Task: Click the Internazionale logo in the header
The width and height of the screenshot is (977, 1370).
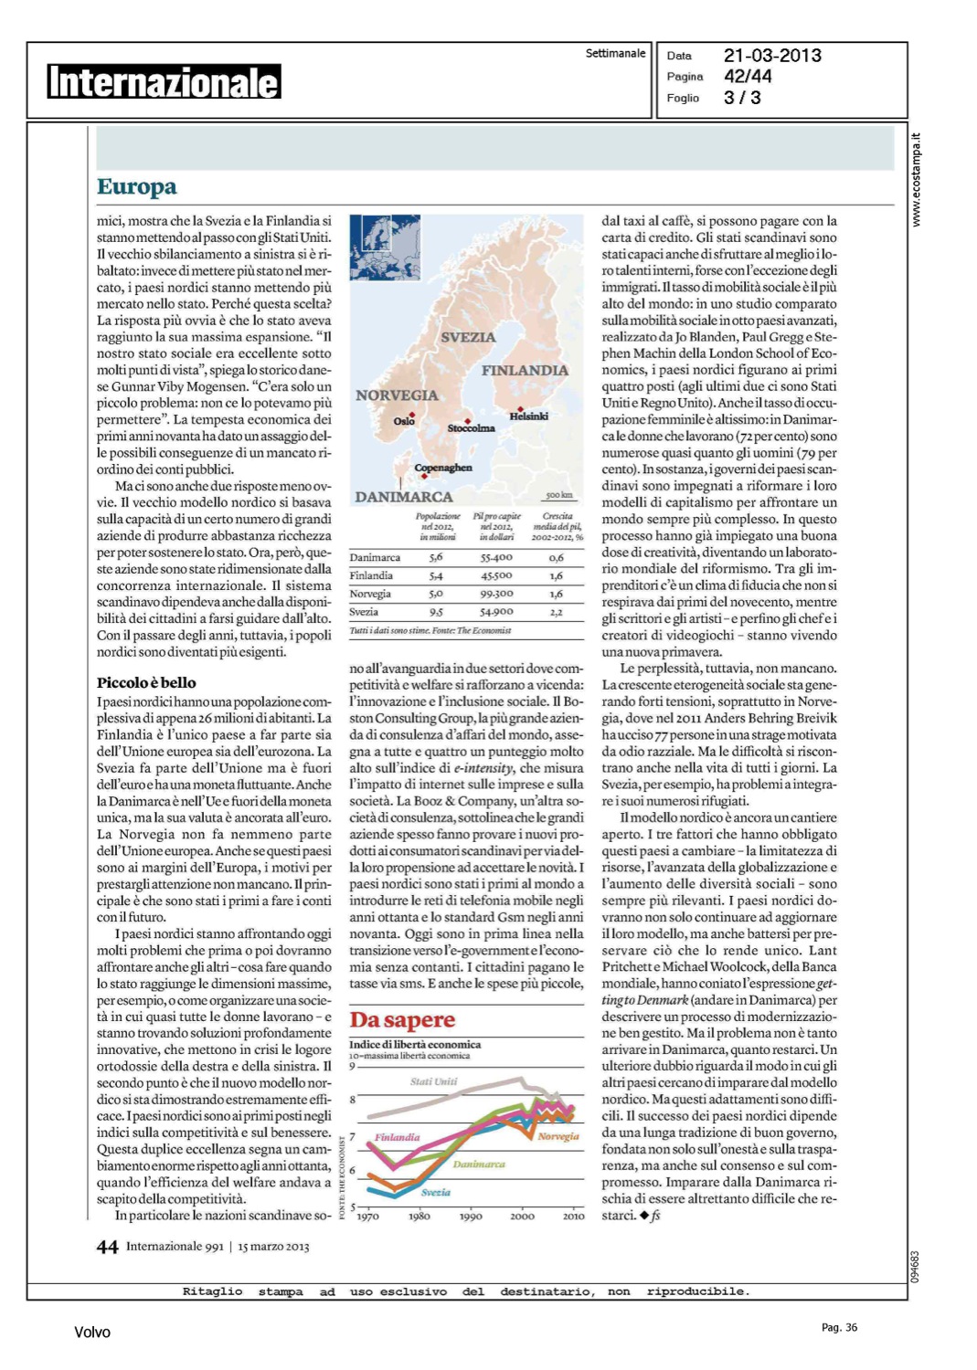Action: point(164,81)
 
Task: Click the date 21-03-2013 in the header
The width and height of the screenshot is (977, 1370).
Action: point(772,56)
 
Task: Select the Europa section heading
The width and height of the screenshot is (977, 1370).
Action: point(136,187)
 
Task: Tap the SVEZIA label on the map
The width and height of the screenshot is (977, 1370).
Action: point(468,337)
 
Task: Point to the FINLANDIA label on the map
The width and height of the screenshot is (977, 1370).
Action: point(525,370)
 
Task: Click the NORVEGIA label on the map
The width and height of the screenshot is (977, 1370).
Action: point(397,395)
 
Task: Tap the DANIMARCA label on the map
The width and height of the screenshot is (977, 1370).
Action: point(404,497)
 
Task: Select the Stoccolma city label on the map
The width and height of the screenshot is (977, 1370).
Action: point(471,428)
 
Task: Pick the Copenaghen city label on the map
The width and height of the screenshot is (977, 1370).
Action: point(443,468)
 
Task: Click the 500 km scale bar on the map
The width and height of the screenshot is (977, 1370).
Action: point(558,496)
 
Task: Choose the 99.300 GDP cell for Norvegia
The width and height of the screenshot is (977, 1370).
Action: point(496,594)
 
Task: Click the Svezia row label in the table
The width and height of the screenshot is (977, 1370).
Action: point(364,612)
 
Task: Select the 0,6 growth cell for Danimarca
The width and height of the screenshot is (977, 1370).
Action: point(556,557)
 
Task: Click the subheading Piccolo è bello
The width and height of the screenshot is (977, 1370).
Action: point(146,682)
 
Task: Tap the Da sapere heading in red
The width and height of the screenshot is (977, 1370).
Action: point(402,1019)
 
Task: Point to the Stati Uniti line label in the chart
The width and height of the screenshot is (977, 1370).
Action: point(433,1081)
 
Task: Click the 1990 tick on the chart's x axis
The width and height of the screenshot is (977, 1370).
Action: point(471,1217)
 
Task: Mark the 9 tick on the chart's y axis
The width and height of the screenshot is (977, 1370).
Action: point(353,1066)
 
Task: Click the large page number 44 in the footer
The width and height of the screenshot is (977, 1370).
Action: point(108,1247)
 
